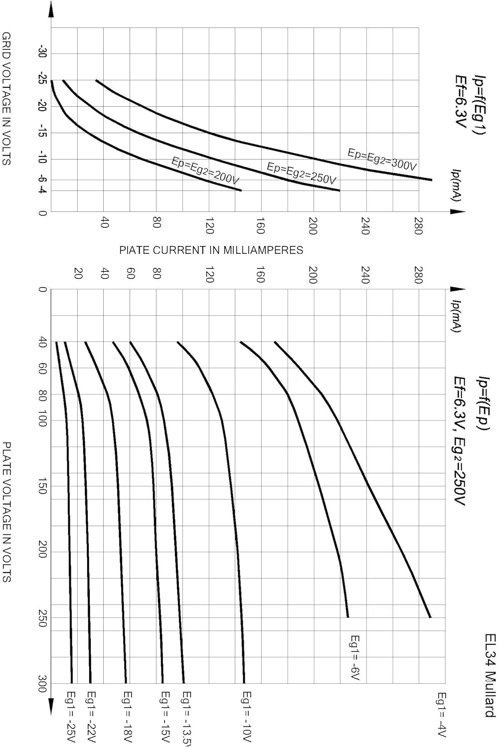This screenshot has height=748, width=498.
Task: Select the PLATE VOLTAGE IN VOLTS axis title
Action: pos(6,512)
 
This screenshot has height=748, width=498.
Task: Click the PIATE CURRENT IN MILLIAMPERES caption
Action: pos(211,250)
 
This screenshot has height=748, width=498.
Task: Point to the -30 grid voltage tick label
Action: pos(42,53)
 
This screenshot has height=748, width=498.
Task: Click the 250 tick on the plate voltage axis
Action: pos(42,618)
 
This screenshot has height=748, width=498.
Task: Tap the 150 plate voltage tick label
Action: pos(42,486)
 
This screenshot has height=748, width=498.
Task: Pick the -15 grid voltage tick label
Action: pos(42,133)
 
